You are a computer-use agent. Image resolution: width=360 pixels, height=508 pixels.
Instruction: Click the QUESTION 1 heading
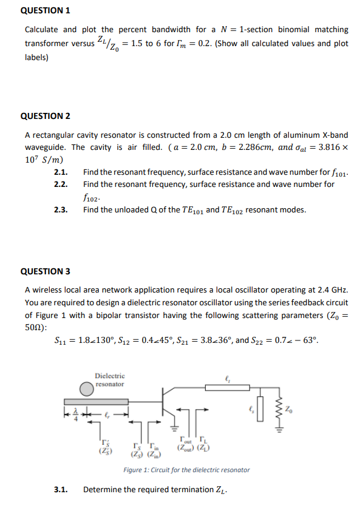[x=46, y=10]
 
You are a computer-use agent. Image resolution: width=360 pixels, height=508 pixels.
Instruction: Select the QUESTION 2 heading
[x=46, y=115]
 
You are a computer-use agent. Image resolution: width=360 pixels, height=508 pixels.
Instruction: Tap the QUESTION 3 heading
[x=46, y=271]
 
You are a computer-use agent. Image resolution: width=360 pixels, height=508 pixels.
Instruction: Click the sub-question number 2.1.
[x=61, y=172]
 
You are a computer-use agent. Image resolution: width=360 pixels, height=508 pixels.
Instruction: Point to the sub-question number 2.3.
[x=61, y=210]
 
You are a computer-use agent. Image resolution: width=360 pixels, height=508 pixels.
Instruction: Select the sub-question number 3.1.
[x=61, y=489]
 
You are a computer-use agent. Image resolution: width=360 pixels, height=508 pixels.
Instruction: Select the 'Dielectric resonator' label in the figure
[x=109, y=380]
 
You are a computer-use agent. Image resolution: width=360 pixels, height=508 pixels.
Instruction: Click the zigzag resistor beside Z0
[x=280, y=404]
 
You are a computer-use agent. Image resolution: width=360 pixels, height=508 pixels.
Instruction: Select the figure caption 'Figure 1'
[x=186, y=470]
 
